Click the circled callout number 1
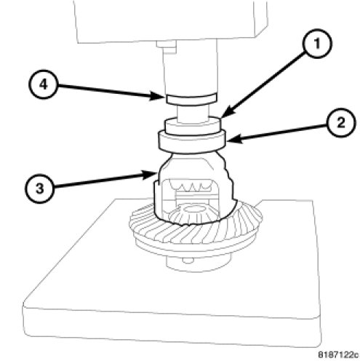pos(317,44)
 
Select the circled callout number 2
pos(340,122)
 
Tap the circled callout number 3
pos(40,189)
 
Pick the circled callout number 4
pos(44,84)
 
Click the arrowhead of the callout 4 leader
pos(156,97)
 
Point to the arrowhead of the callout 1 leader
pos(227,114)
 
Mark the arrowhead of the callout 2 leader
pos(233,140)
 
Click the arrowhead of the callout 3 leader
pos(151,174)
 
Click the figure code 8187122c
pos(338,354)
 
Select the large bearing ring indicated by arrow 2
pos(192,142)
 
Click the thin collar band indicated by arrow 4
pos(191,99)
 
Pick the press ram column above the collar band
pos(190,68)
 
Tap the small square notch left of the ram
pos(166,47)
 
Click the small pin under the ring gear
pos(188,261)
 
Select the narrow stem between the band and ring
pos(193,113)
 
